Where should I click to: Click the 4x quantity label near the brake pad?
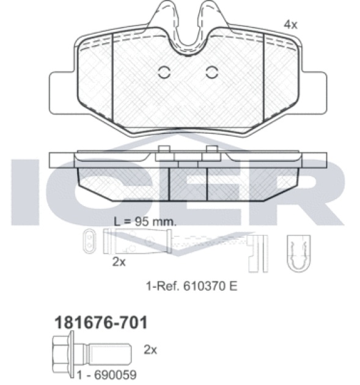290,24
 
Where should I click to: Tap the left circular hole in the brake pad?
164,73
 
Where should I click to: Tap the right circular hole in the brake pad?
211,73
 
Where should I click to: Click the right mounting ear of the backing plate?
314,93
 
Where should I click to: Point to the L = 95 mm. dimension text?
145,222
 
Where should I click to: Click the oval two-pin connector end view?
89,241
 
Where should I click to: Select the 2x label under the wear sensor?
119,262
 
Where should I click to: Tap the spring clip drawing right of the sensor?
299,253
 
